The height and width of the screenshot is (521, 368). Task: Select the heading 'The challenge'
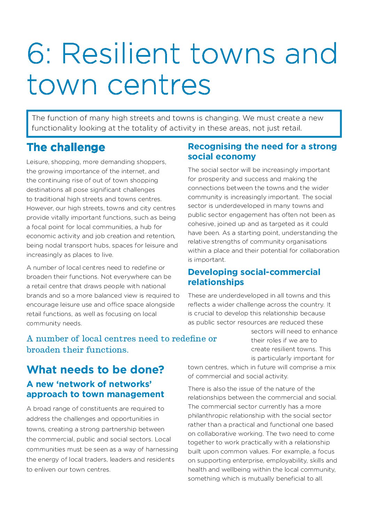(66, 147)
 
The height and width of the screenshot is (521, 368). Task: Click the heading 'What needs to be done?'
(95, 369)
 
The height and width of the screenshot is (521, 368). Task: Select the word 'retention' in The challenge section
(161, 236)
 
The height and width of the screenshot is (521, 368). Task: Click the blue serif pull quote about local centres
(121, 344)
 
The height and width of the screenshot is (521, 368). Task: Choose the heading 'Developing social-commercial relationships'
(254, 277)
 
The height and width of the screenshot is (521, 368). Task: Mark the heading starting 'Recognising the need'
(262, 151)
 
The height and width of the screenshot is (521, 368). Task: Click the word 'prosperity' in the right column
(214, 179)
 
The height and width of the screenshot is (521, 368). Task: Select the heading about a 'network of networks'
(95, 389)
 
